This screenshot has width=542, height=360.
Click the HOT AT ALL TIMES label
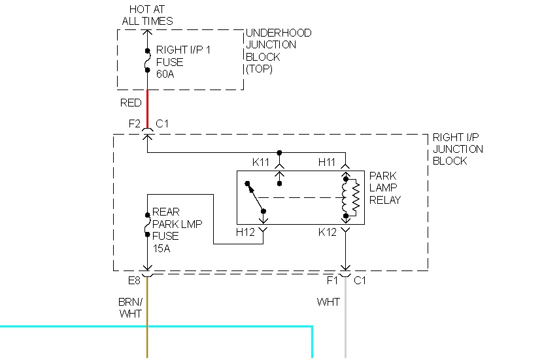(148, 15)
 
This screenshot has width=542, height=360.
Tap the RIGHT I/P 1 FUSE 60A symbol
(147, 62)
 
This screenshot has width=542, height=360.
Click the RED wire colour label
(131, 103)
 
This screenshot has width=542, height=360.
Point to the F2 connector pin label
(135, 123)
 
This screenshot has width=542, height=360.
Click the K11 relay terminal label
(261, 161)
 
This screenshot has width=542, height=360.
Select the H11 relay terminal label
(328, 161)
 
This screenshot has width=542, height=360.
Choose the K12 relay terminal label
(328, 232)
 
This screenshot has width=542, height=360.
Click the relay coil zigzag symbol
(355, 197)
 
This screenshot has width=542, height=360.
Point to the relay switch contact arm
(255, 197)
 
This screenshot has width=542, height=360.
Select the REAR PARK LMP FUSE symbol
(147, 224)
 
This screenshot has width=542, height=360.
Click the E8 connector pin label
(134, 282)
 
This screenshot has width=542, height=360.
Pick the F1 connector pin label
(333, 282)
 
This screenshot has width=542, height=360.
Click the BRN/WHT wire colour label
(129, 308)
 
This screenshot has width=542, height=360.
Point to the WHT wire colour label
(328, 303)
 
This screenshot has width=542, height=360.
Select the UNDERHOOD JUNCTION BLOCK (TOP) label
(279, 51)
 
